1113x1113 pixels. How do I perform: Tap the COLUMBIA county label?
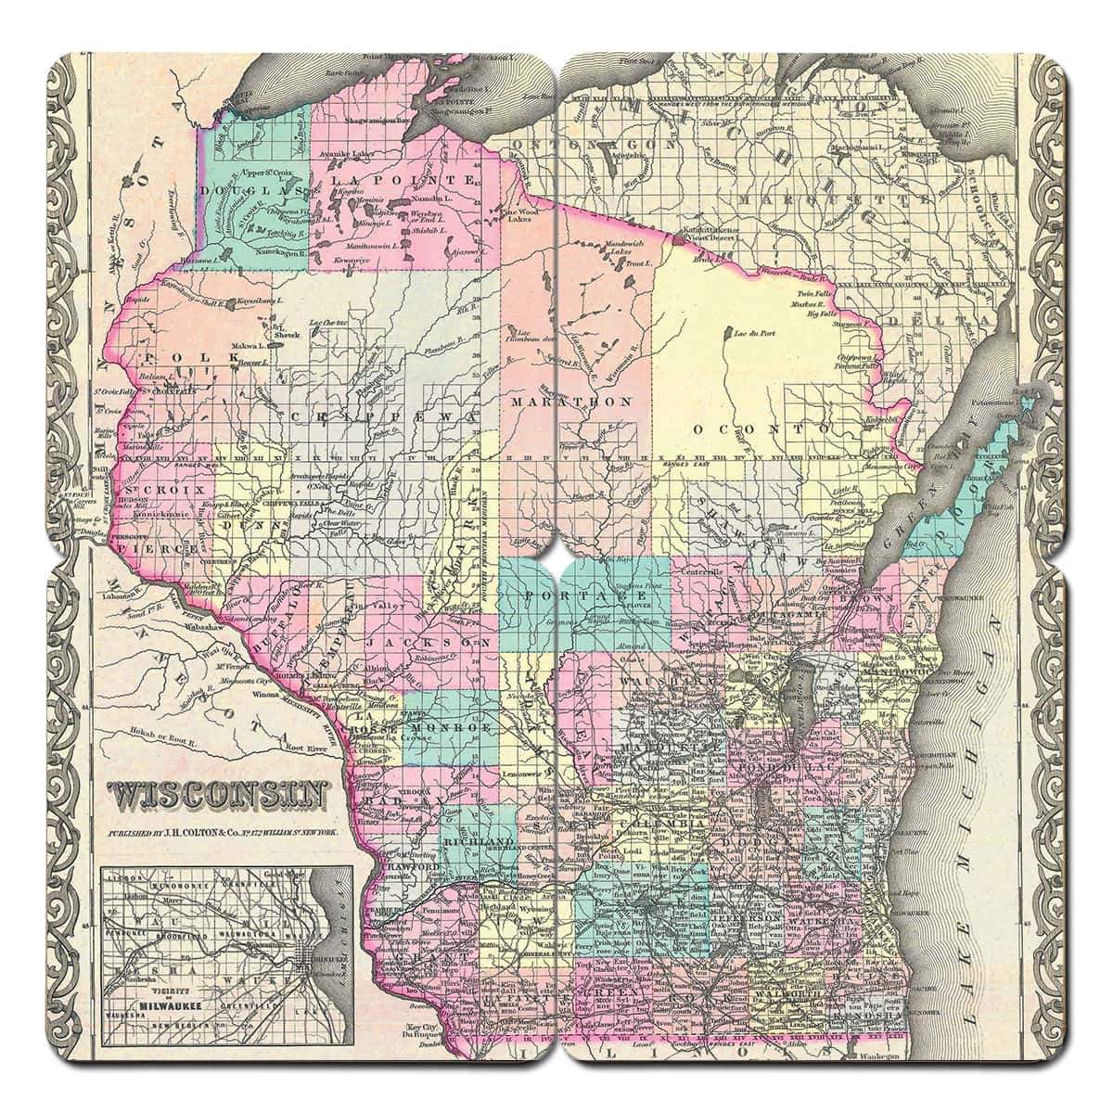pyautogui.click(x=655, y=824)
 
